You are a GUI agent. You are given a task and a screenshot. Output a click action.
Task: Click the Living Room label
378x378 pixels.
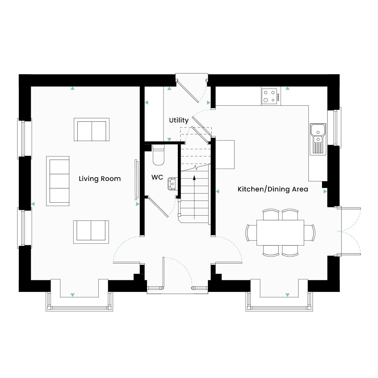pos(99,179)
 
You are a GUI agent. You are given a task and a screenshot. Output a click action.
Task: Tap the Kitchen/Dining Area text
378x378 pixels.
pos(273,189)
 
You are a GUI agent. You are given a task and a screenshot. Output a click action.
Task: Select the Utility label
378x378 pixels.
pos(178,120)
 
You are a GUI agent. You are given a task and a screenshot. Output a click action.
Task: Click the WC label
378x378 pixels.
pos(157,177)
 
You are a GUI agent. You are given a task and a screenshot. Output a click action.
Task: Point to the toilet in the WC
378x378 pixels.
pos(158,155)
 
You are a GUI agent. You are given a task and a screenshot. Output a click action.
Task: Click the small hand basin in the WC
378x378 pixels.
pos(173,183)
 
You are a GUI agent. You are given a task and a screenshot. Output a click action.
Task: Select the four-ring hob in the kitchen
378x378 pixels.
pos(271,96)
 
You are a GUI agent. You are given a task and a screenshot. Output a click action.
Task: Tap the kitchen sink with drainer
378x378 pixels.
pos(318,139)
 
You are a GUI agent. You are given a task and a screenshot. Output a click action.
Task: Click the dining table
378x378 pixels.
pos(280,232)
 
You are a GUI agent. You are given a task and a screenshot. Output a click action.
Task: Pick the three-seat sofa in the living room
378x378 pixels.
pos(58,181)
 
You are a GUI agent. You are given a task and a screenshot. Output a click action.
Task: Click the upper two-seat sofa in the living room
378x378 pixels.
pos(91,129)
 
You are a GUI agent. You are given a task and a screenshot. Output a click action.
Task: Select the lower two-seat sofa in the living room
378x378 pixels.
pos(91,232)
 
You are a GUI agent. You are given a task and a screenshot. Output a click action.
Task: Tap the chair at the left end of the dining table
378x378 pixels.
pos(251,232)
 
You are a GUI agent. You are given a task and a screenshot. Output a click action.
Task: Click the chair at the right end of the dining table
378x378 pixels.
pos(310,232)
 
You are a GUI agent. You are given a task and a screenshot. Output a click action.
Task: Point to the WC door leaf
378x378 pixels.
pos(158,208)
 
